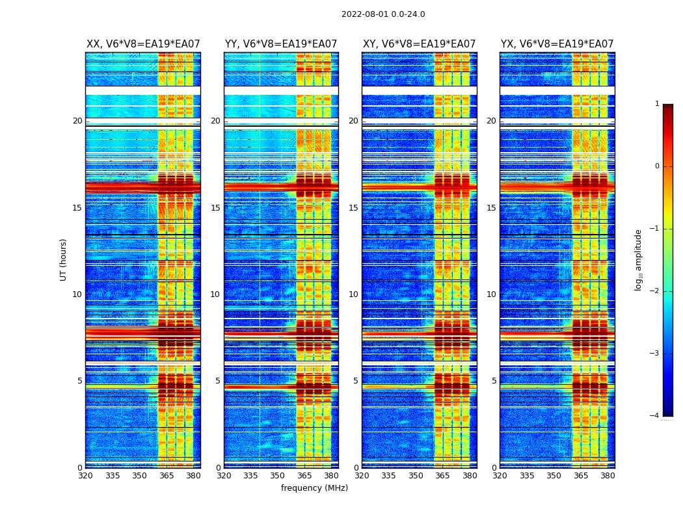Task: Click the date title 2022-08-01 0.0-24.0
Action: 383,14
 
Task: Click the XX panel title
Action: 143,44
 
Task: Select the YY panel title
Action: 281,44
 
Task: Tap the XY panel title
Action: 419,44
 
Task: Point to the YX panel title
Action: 557,44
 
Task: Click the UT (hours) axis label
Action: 64,259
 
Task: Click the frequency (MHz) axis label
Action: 314,488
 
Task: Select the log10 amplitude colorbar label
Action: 639,259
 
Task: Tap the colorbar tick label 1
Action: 657,104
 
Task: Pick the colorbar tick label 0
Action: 657,166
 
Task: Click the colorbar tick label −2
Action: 655,291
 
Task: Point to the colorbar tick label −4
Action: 655,416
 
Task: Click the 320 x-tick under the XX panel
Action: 85,476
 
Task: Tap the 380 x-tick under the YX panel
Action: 608,476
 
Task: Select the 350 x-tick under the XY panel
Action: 416,476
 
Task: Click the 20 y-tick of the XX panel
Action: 77,121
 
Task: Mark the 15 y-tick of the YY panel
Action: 215,208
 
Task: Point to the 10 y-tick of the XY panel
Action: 353,294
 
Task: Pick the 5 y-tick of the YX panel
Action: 494,381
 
